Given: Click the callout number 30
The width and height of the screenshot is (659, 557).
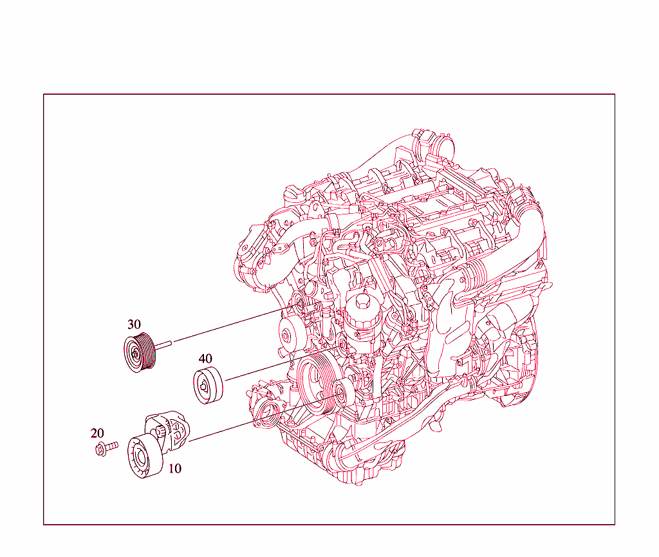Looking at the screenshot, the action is (x=134, y=325).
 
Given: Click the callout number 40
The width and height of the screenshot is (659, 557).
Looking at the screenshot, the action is (x=205, y=359).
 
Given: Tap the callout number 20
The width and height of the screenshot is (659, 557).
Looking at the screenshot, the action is (x=97, y=433).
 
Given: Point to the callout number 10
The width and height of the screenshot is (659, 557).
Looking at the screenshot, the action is (x=175, y=468).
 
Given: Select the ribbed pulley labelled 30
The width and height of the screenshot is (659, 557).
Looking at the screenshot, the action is (x=140, y=352).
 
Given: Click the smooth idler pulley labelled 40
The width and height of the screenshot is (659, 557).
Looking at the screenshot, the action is (x=209, y=386).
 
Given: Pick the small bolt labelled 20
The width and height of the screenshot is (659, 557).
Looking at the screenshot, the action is (x=106, y=448).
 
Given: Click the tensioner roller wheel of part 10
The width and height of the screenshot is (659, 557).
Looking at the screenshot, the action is (x=144, y=457).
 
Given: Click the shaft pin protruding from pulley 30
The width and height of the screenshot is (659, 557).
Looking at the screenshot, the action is (x=163, y=345).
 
